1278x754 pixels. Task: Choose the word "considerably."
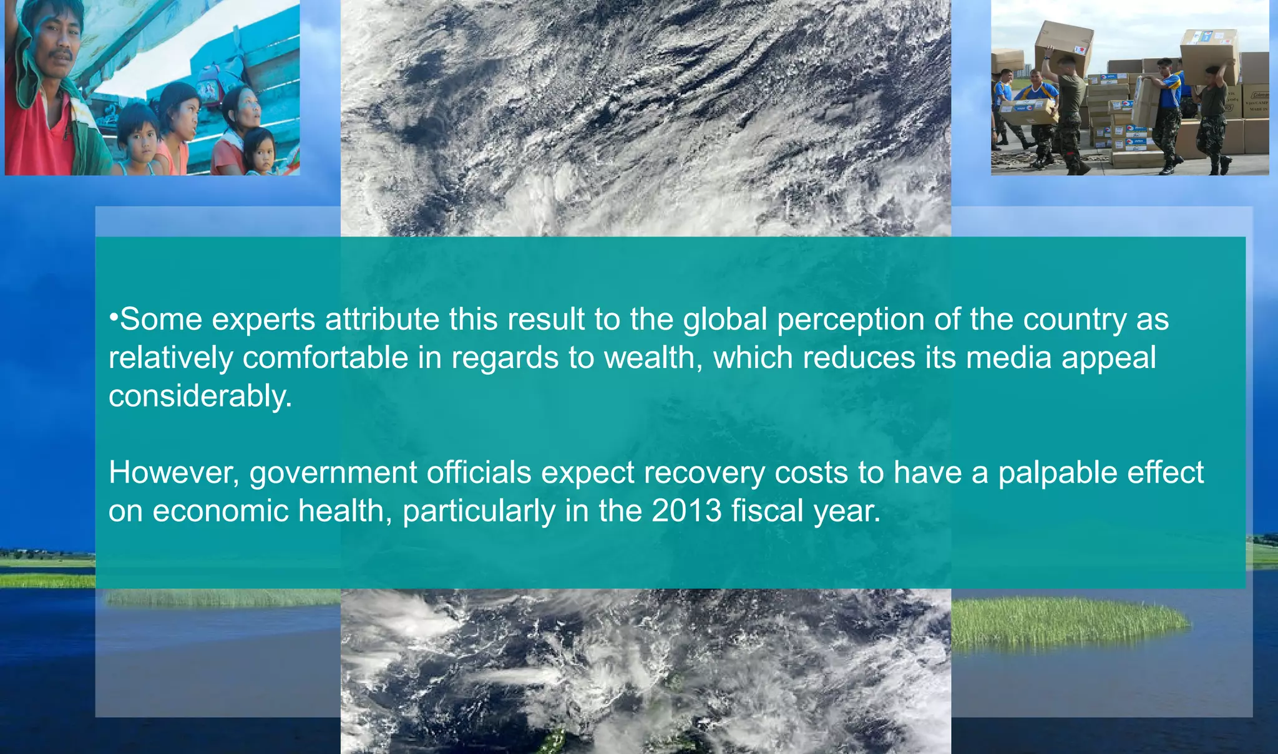pyautogui.click(x=200, y=397)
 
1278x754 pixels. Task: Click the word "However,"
pyautogui.click(x=174, y=473)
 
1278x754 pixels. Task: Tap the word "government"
pyautogui.click(x=333, y=473)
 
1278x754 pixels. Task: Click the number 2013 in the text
pyautogui.click(x=686, y=511)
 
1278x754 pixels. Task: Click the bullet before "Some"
pyautogui.click(x=113, y=316)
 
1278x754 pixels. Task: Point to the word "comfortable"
pyautogui.click(x=325, y=358)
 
